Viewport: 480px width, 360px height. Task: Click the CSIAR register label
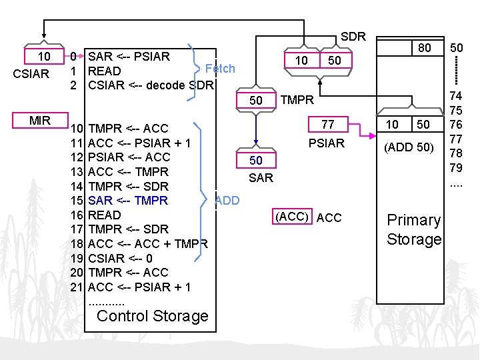[31, 73]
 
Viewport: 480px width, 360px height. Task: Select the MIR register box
[39, 120]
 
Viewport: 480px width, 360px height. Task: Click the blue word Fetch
[220, 68]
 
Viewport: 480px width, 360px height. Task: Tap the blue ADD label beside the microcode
[227, 201]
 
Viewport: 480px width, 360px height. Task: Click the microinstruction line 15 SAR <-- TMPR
[128, 201]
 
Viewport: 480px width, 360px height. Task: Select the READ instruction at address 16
[105, 215]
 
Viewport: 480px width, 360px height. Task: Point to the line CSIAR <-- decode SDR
[151, 85]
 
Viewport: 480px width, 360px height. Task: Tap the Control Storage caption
[153, 315]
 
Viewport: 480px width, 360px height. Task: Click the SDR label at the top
[353, 37]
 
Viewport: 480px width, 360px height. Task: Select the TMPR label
[297, 101]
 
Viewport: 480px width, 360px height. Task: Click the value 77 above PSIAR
[327, 124]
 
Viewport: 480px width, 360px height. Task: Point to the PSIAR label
[327, 143]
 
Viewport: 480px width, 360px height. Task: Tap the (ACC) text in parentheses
[292, 217]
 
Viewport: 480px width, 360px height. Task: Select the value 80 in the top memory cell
[425, 47]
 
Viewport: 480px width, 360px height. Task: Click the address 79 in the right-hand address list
[457, 167]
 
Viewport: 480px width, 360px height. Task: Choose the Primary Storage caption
[414, 229]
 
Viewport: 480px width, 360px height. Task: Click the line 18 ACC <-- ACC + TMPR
[148, 243]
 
